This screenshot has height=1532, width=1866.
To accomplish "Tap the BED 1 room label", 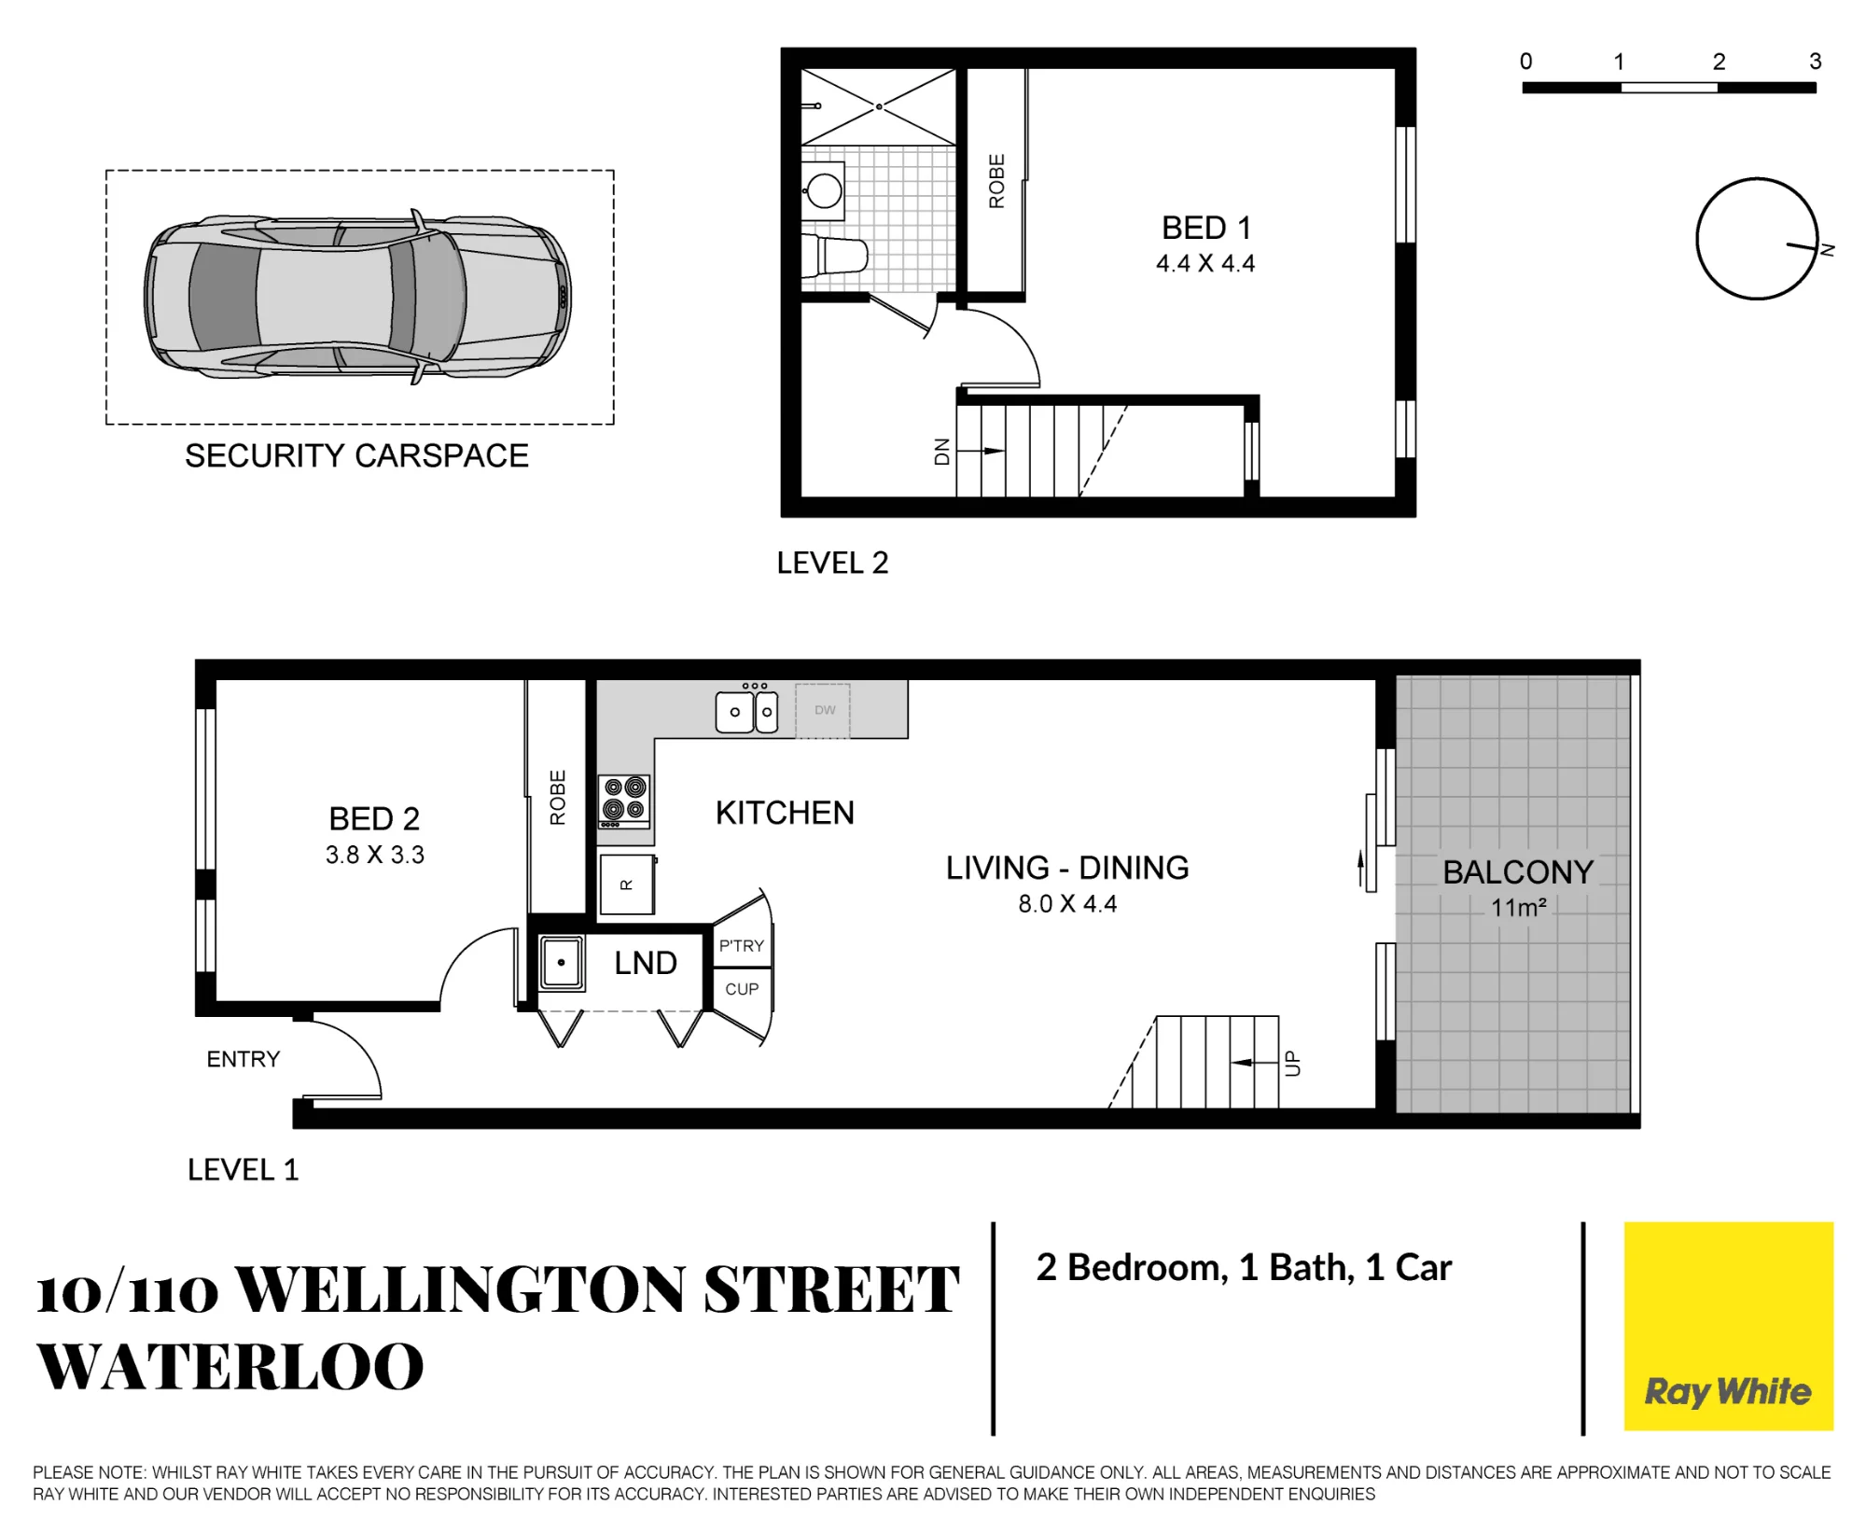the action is click(x=1205, y=228).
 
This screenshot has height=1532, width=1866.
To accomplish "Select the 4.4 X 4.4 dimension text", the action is click(x=1205, y=263).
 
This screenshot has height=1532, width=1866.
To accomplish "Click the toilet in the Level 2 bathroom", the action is click(x=836, y=255).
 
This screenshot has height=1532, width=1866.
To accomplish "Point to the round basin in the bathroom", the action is click(x=824, y=189).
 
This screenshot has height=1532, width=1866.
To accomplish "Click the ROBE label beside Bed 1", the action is click(x=996, y=181).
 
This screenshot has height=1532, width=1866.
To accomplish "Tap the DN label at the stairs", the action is click(x=941, y=452).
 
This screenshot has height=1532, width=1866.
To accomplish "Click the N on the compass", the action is click(x=1828, y=250).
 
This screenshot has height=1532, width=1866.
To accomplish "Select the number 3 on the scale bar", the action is click(x=1815, y=62).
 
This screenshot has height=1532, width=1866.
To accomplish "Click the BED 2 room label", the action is click(x=374, y=818).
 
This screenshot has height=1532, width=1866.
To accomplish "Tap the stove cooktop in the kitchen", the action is click(x=624, y=801).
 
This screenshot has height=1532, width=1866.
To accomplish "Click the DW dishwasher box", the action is click(x=824, y=711).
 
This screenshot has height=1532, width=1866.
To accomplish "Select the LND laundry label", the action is click(x=645, y=963).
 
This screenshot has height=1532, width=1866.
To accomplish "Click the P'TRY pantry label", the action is click(x=741, y=946).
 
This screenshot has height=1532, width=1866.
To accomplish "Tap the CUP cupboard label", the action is click(x=742, y=989).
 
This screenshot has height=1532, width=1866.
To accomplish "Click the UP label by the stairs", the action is click(x=1292, y=1063).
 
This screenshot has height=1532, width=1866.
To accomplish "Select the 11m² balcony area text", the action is click(x=1518, y=907).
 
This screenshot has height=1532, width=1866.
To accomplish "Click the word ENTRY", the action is click(x=243, y=1059).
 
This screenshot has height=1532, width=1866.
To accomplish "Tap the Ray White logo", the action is click(x=1728, y=1326).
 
